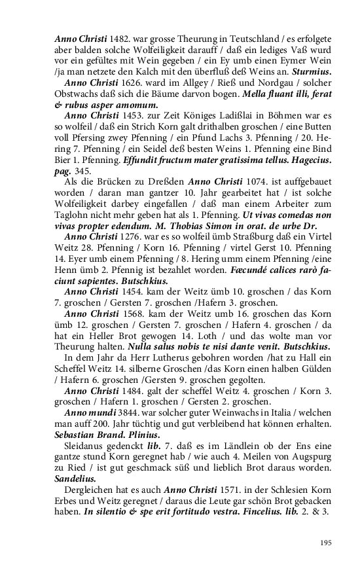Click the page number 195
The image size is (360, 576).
click(x=325, y=543)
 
